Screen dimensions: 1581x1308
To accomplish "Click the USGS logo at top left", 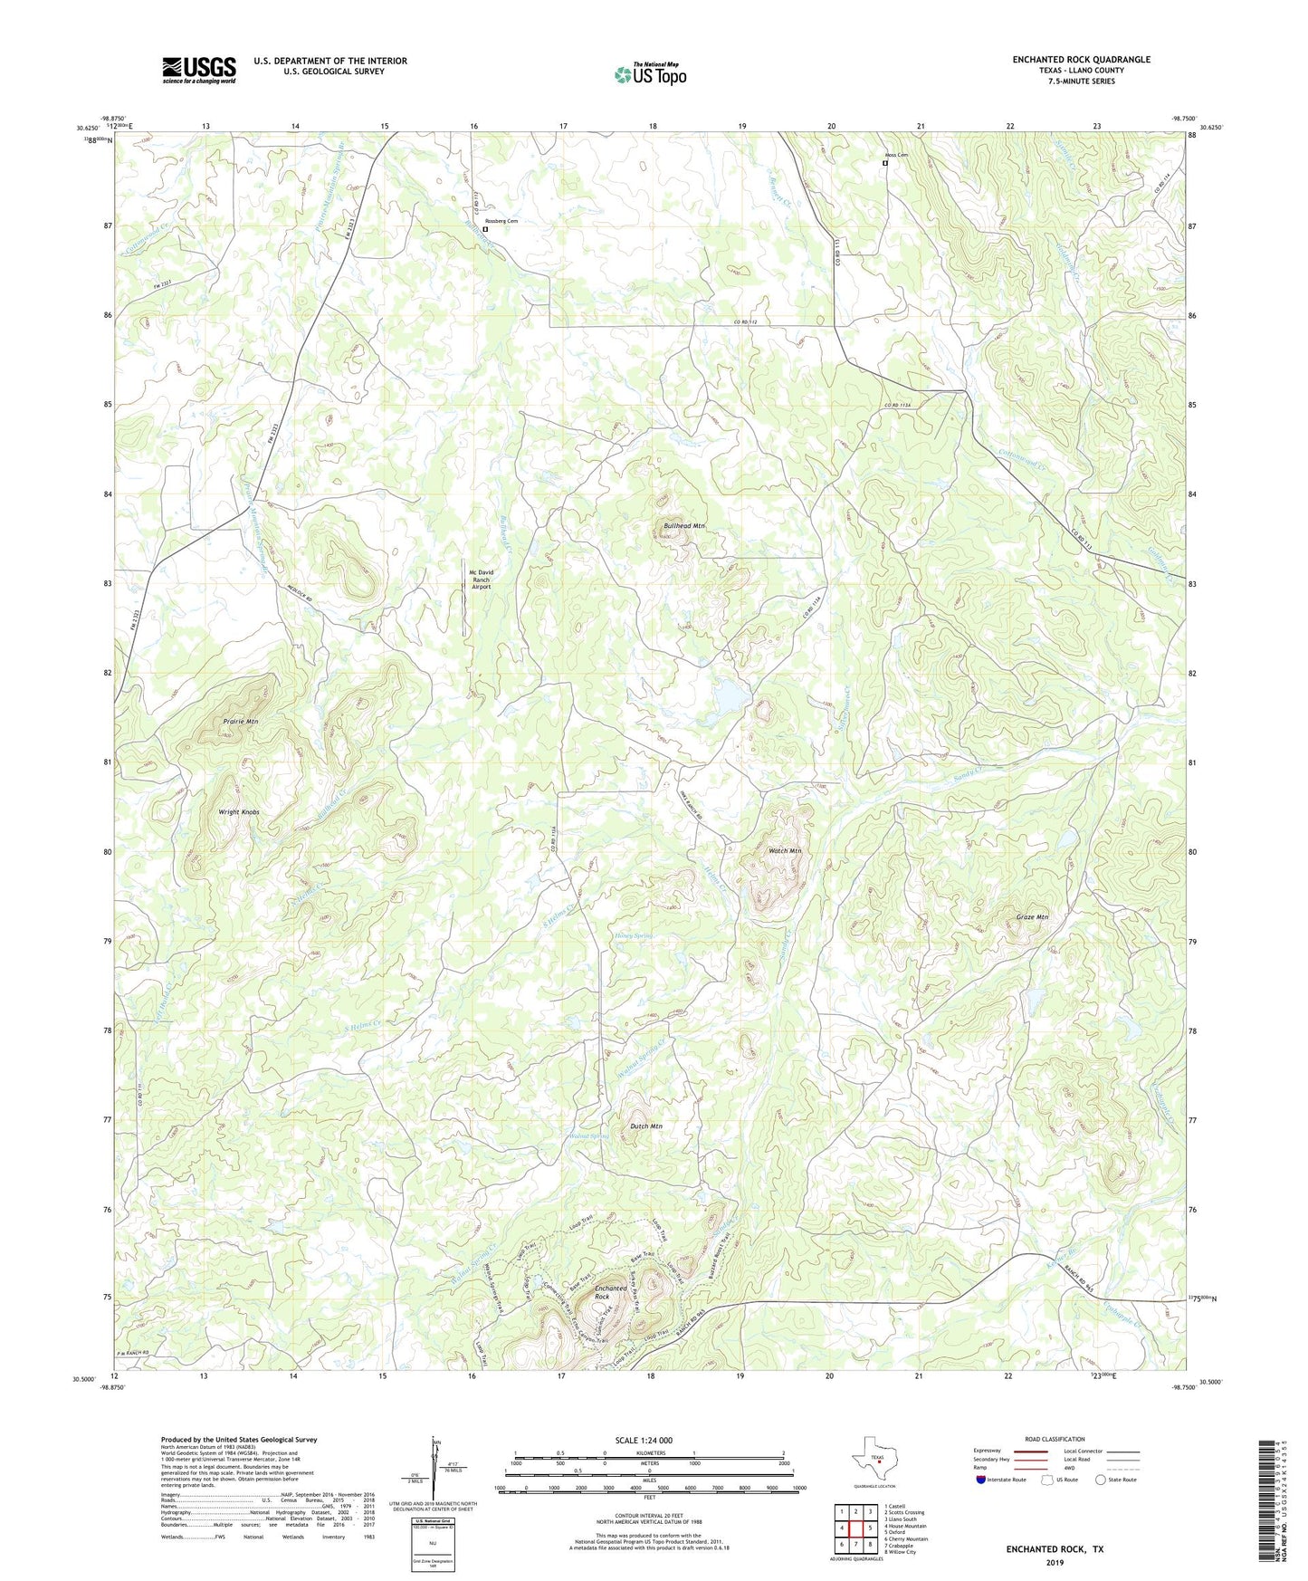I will click(199, 69).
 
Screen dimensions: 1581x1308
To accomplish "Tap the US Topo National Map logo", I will click(650, 74).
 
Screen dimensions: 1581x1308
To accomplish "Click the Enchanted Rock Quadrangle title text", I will click(1081, 60).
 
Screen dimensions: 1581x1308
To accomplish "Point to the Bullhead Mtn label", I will click(683, 525).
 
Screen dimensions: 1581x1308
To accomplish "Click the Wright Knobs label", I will click(239, 812).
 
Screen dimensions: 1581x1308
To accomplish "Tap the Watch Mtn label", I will click(785, 851).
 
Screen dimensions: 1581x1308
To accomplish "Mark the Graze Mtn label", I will click(1032, 917).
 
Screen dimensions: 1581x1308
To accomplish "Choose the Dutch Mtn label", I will click(646, 1126).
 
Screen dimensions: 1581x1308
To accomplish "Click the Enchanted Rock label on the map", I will click(610, 1292).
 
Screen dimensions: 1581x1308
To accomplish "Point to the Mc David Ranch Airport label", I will click(480, 580).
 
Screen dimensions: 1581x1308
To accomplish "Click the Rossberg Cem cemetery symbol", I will click(485, 230).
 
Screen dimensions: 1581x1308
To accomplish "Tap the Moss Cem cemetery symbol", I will click(885, 163).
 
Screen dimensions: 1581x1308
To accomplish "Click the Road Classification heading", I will click(1055, 1439).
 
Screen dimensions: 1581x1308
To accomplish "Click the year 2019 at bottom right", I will click(1055, 1562).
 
